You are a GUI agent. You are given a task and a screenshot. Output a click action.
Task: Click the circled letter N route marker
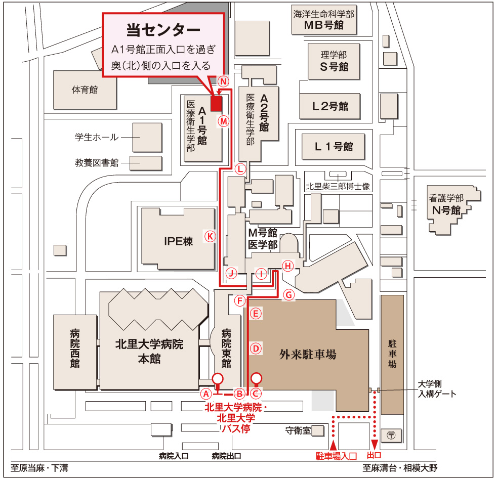224,81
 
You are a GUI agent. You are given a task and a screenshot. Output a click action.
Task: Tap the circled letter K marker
210,236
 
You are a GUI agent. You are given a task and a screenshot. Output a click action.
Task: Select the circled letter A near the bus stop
205,393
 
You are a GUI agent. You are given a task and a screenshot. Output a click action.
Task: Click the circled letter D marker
256,348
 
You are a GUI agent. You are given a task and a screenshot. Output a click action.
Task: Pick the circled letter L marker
241,168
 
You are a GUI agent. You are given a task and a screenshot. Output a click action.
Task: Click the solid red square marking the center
217,103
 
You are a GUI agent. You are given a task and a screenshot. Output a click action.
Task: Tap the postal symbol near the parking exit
391,434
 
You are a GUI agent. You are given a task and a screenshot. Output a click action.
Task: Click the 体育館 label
85,90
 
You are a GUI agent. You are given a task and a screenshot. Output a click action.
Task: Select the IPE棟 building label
178,241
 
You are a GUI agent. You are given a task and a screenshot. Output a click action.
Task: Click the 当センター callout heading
163,30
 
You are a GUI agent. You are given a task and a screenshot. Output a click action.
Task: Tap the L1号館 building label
334,147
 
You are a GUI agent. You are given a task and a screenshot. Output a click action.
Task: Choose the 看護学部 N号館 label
445,204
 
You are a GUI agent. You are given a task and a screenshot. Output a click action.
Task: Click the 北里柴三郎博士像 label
338,186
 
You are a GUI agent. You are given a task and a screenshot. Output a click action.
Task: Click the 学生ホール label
97,137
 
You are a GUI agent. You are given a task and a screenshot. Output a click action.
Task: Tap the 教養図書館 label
97,163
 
